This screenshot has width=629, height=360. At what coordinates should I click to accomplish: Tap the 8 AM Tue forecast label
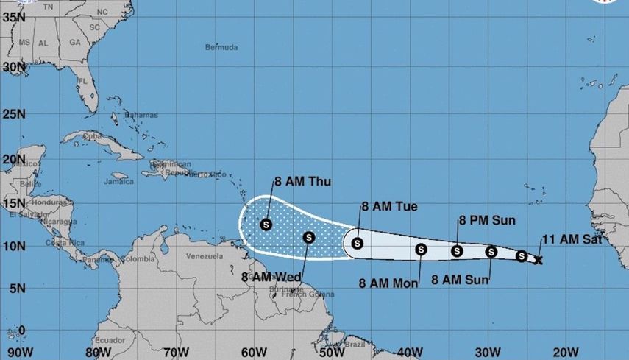pyautogui.click(x=388, y=207)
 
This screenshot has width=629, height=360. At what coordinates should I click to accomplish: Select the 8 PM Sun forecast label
pyautogui.click(x=487, y=219)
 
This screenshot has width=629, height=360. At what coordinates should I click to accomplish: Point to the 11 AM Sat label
pyautogui.click(x=572, y=239)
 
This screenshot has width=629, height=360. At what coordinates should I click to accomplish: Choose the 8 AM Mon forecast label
pyautogui.click(x=388, y=282)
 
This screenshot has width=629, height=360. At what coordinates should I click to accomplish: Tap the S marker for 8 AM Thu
pyautogui.click(x=266, y=224)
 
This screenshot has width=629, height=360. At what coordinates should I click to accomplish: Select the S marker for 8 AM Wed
pyautogui.click(x=309, y=237)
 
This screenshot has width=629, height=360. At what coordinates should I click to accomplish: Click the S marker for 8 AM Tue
pyautogui.click(x=358, y=243)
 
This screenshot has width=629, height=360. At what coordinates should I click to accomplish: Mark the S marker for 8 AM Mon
pyautogui.click(x=421, y=250)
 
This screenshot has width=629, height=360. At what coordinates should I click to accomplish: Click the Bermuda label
pyautogui.click(x=221, y=47)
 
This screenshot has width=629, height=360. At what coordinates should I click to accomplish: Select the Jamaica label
pyautogui.click(x=118, y=181)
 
